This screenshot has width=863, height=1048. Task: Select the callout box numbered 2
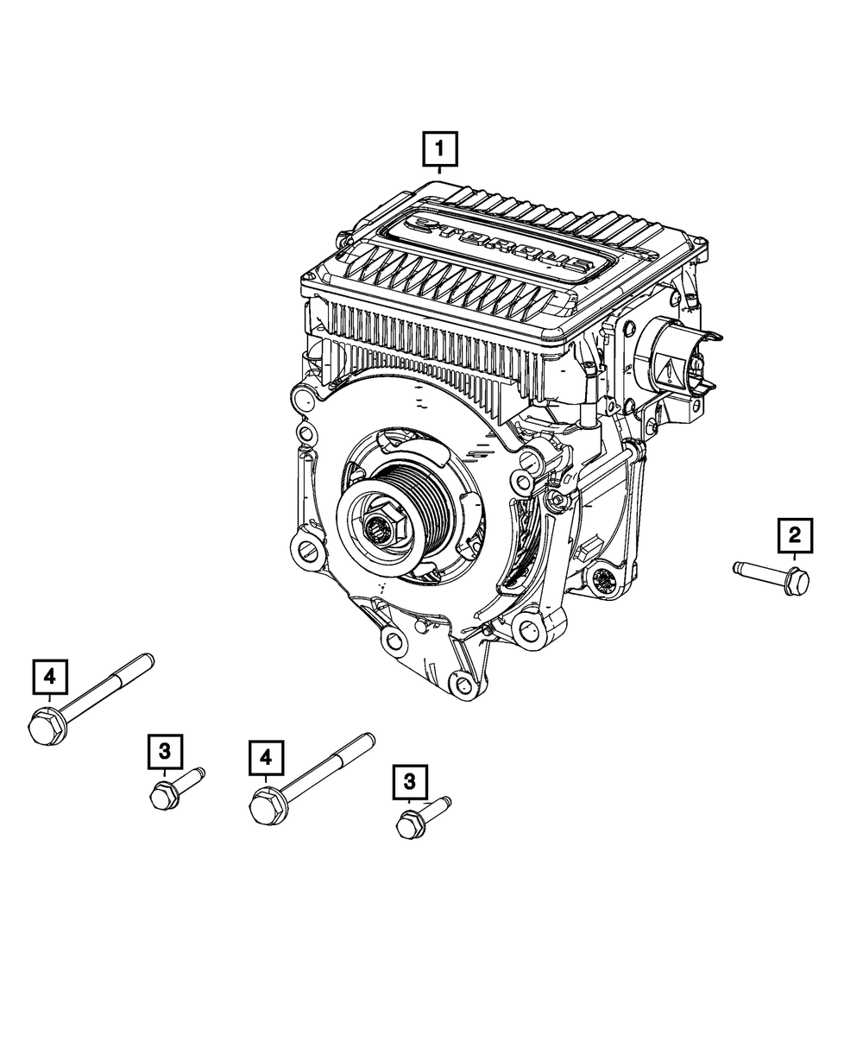(795, 535)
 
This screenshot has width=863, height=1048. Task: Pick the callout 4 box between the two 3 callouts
(266, 757)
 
